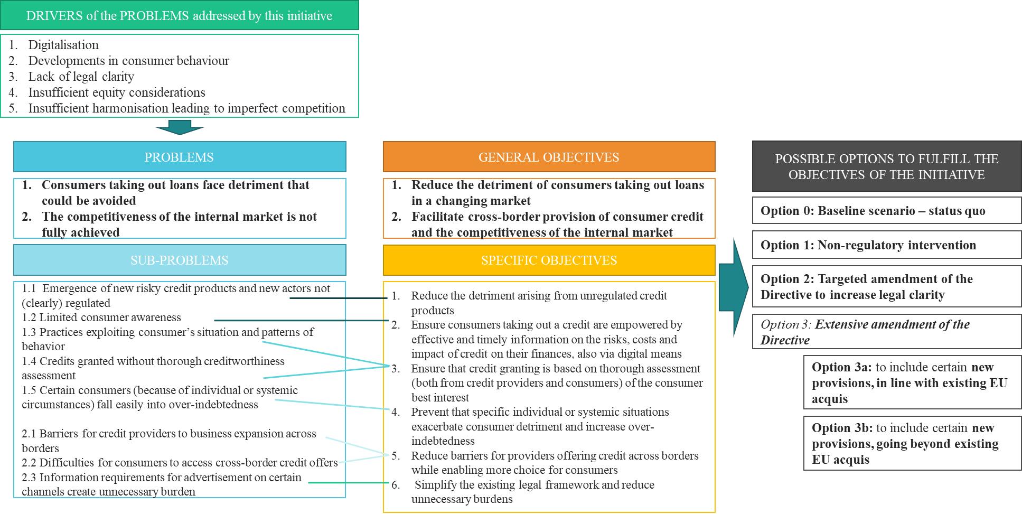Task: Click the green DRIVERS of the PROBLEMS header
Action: pyautogui.click(x=179, y=15)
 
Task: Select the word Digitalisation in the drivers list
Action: pyautogui.click(x=63, y=45)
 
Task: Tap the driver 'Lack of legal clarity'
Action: pyautogui.click(x=81, y=77)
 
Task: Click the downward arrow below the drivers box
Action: pyautogui.click(x=180, y=127)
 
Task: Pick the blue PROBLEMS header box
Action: pyautogui.click(x=180, y=157)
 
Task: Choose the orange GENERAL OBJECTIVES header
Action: pyautogui.click(x=549, y=157)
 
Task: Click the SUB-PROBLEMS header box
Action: pyautogui.click(x=180, y=260)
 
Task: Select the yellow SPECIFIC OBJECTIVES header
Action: pyautogui.click(x=549, y=260)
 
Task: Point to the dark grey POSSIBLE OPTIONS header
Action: pyautogui.click(x=886, y=166)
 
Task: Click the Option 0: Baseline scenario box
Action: pyautogui.click(x=886, y=211)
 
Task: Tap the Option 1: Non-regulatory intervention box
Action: pyautogui.click(x=886, y=245)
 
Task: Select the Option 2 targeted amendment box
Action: pyautogui.click(x=886, y=287)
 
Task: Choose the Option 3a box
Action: pyautogui.click(x=912, y=382)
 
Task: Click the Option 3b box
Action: pyautogui.click(x=912, y=443)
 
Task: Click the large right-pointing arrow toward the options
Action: pyautogui.click(x=734, y=287)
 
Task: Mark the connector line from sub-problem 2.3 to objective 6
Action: pyautogui.click(x=349, y=482)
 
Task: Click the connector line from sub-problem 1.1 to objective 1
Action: pyautogui.click(x=338, y=298)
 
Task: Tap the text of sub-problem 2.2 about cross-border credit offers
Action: pyautogui.click(x=180, y=463)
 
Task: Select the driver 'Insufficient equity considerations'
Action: pyautogui.click(x=117, y=92)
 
